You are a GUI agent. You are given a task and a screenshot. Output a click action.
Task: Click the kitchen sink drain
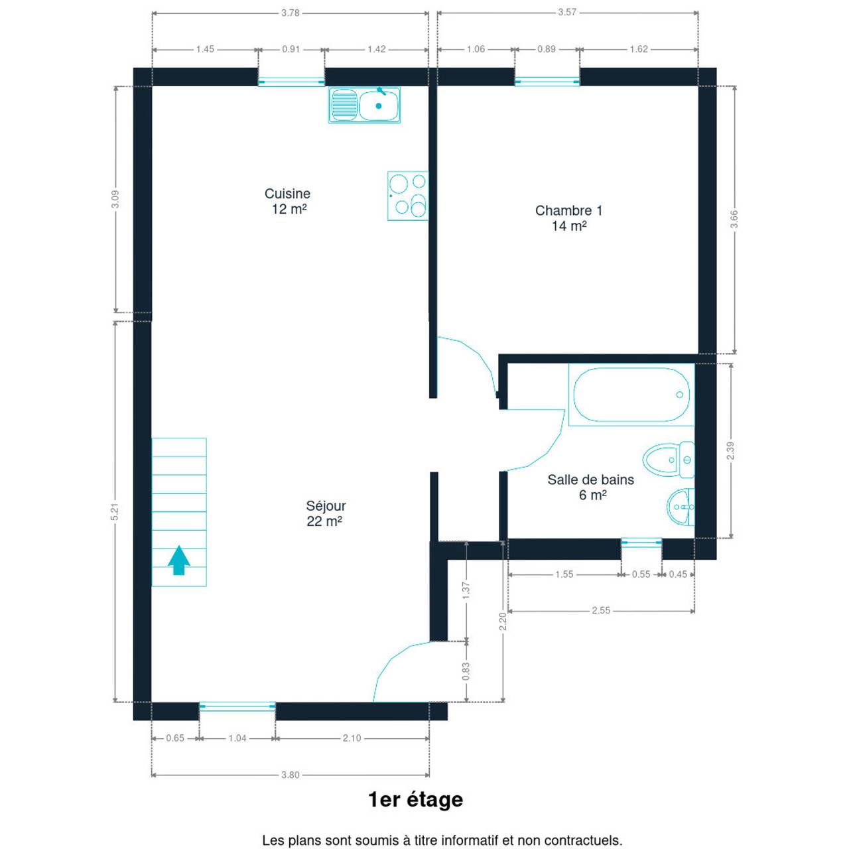[x=379, y=105]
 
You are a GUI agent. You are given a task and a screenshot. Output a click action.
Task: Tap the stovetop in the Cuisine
[x=407, y=196]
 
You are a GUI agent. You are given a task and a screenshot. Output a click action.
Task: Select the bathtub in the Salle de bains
[x=631, y=394]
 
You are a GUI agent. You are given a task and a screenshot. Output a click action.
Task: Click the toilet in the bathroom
[x=669, y=460]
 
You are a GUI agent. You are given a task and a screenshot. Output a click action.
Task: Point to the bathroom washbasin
[x=681, y=507]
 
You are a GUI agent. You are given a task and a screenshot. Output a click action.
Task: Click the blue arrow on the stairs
[x=179, y=560]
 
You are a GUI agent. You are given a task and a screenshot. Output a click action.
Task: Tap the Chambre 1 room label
[x=568, y=211]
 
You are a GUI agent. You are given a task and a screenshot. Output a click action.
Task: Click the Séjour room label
[x=326, y=506]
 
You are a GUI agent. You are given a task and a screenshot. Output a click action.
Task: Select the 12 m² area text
[x=289, y=209]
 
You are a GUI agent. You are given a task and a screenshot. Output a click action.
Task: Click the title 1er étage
[x=415, y=800]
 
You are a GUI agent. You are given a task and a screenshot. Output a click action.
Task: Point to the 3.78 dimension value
[x=291, y=13]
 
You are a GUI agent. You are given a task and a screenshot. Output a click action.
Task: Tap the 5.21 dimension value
[x=115, y=511]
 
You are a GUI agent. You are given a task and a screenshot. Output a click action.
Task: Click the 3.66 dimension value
[x=734, y=220]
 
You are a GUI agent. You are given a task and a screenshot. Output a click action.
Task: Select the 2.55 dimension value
[x=601, y=610]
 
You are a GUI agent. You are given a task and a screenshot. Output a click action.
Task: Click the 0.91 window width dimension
[x=291, y=49]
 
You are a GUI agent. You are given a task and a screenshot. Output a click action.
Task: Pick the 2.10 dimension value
[x=352, y=738]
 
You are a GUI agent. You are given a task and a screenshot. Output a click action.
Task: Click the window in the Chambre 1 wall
[x=547, y=81]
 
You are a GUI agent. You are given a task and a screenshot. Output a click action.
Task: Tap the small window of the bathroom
[x=641, y=543]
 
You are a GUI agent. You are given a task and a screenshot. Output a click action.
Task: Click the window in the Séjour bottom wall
[x=237, y=706]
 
